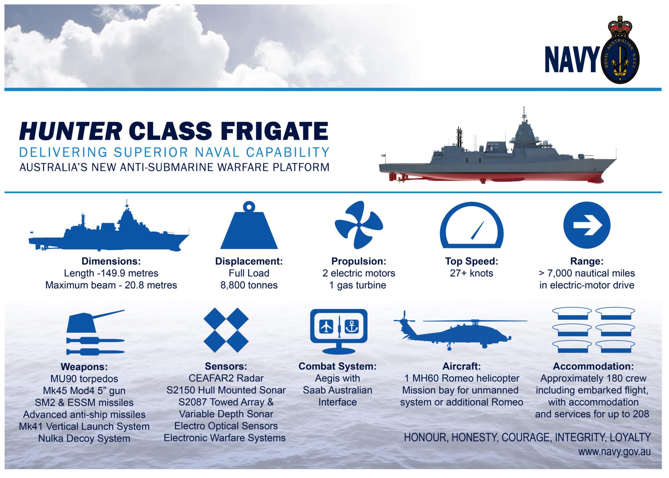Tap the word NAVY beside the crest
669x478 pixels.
tap(571, 59)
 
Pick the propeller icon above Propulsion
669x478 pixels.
tap(358, 225)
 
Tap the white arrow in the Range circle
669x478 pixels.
tap(587, 225)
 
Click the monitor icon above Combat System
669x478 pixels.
tap(338, 331)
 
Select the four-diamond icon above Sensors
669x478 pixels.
tap(226, 330)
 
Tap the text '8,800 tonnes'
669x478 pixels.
tap(249, 285)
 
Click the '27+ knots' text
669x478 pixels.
tap(471, 273)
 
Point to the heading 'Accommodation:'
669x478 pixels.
tap(593, 366)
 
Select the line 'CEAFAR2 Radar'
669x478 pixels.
tap(226, 378)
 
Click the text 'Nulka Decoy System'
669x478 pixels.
tap(84, 438)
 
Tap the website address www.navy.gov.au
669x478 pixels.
tap(614, 452)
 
